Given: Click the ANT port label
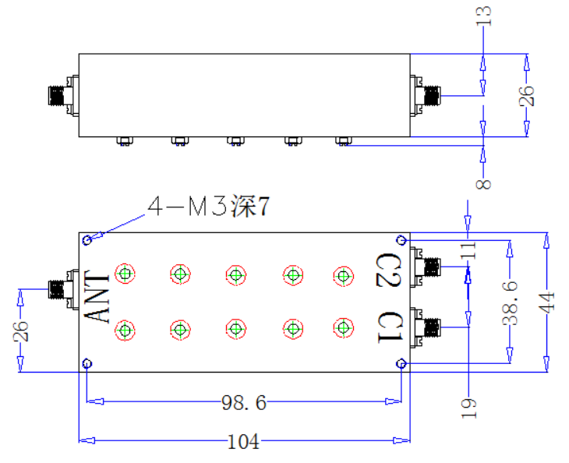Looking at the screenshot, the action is tap(97, 296).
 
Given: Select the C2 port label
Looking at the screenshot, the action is tap(389, 270).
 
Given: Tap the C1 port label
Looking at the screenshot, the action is tap(390, 327).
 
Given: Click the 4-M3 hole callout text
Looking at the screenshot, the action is tap(208, 206).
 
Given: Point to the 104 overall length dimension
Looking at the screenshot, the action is tap(243, 442).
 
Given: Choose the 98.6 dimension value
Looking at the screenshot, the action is tap(244, 402).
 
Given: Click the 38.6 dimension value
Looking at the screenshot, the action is tap(510, 303).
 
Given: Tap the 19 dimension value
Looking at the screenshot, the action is tap(468, 408).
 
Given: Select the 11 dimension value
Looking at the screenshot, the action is tap(468, 250).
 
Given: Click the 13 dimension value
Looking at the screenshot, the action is tap(483, 16).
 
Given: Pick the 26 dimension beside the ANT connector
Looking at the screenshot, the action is tap(20, 331).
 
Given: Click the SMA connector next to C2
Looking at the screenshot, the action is tap(426, 267).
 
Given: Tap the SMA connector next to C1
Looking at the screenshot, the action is tap(426, 327).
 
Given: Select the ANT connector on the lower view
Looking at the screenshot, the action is tap(64, 289).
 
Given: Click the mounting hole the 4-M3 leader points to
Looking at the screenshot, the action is tap(87, 240).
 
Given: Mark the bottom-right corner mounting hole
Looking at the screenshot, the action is tap(401, 363).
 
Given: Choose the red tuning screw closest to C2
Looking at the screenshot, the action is tap(343, 276).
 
